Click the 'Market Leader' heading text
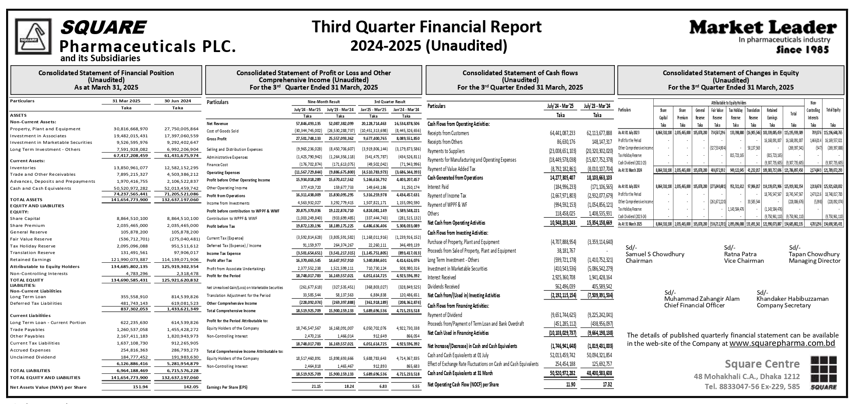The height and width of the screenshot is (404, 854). tap(763, 28)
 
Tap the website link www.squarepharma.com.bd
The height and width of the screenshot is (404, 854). tap(782, 343)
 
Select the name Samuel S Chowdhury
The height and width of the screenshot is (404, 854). tap(655, 254)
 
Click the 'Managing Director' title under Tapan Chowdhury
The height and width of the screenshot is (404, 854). tap(814, 261)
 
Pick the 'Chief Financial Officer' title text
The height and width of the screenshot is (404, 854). tap(694, 305)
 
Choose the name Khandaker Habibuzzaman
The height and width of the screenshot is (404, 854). tap(792, 299)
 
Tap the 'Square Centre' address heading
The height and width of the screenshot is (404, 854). tap(762, 364)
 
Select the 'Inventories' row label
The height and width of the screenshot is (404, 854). tap(23, 167)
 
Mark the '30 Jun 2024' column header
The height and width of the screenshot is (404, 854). tap(178, 101)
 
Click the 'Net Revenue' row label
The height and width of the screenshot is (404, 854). tap(217, 124)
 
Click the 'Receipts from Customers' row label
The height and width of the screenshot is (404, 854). tap(448, 133)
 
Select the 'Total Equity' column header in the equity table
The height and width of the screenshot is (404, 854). tap(833, 111)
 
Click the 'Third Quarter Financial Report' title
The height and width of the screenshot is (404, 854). tap(426, 27)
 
